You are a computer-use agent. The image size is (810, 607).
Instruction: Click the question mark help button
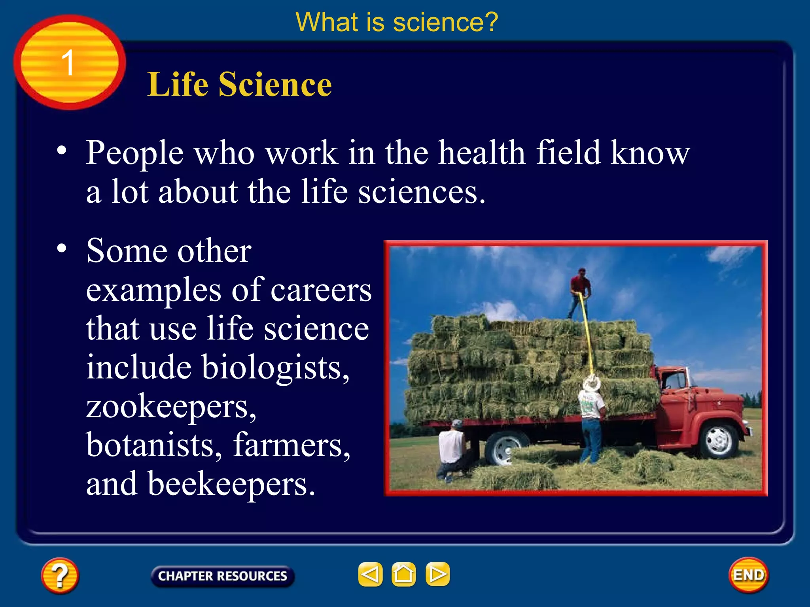[60, 575]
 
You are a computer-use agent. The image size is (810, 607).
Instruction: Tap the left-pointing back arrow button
[370, 574]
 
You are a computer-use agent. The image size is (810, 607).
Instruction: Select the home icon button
[403, 574]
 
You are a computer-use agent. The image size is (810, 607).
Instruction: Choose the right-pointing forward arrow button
[437, 574]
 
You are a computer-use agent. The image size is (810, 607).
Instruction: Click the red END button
[748, 575]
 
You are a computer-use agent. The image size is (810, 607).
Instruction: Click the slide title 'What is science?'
[397, 22]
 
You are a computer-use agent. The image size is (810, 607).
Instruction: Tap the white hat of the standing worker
[592, 383]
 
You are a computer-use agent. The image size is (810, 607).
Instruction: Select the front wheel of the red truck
[719, 441]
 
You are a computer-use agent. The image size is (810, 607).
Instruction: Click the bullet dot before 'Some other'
[62, 249]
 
